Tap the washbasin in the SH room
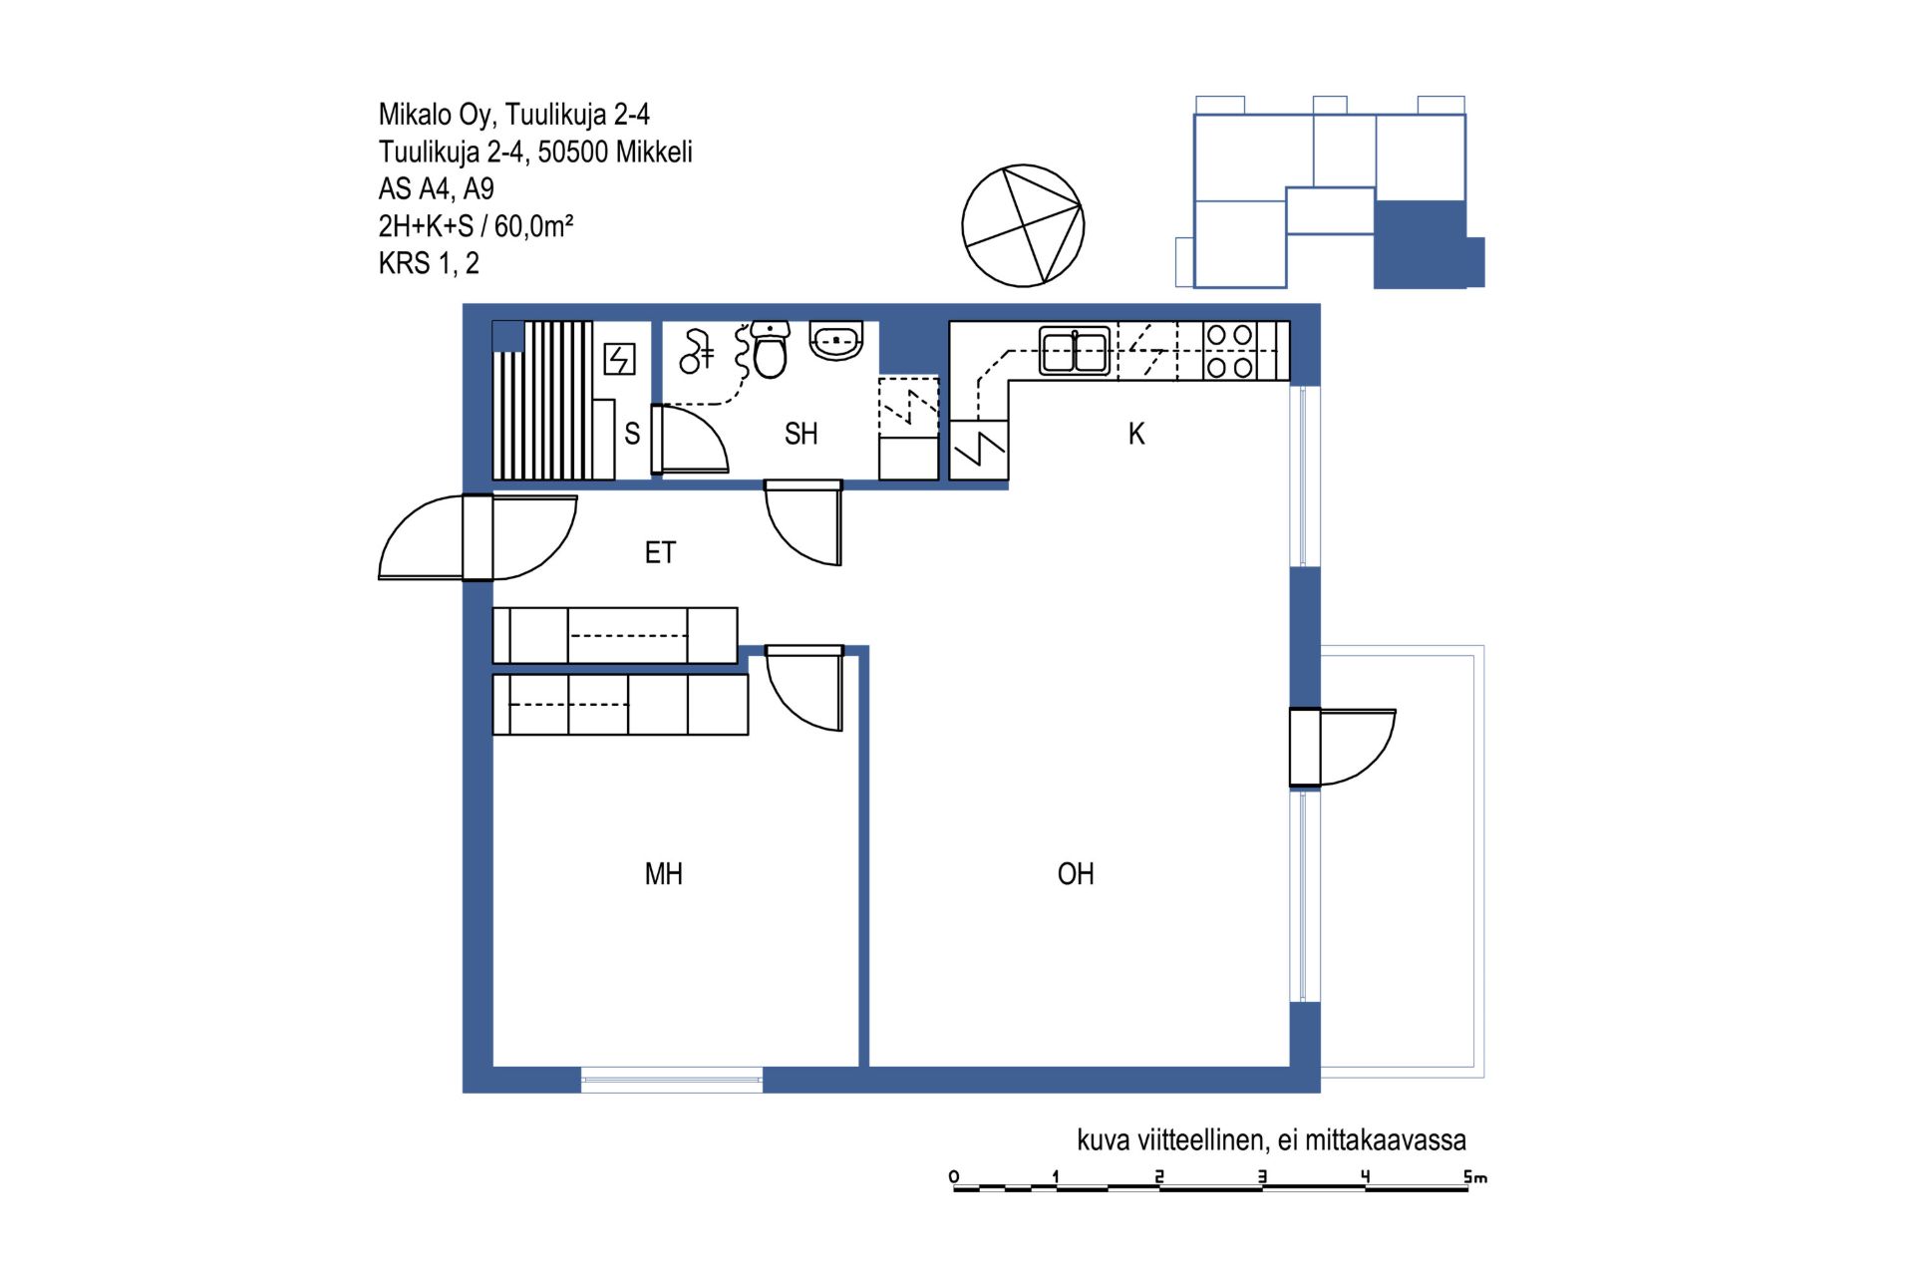tap(836, 340)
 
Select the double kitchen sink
tap(1075, 351)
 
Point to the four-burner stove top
tap(1230, 351)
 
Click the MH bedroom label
tap(664, 874)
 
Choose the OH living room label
tap(1076, 874)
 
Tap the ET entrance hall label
tap(660, 552)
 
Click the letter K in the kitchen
tap(1136, 434)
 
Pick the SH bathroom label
tap(800, 434)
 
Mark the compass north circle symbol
tap(1023, 226)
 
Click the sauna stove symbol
tap(620, 359)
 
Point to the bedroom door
tap(803, 688)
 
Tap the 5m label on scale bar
tap(1475, 1177)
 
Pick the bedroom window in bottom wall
tap(672, 1080)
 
